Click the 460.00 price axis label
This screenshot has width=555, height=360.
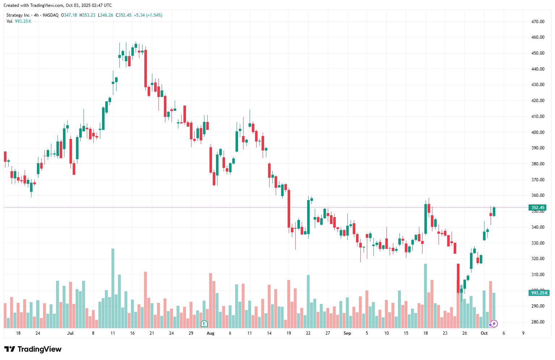(x=538, y=37)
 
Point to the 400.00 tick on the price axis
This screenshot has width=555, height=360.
(x=538, y=132)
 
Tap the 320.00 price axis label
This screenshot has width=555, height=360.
(x=538, y=259)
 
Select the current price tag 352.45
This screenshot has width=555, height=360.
(x=537, y=208)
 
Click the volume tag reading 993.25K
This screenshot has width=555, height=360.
(x=539, y=293)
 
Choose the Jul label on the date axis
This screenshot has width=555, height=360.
(x=70, y=333)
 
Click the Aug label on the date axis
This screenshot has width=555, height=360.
(x=210, y=333)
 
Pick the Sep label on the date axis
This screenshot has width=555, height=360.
(x=347, y=333)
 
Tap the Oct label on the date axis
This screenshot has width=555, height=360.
(x=484, y=333)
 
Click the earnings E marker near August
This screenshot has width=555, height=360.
(x=204, y=323)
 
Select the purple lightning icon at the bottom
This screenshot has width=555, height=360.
(x=494, y=324)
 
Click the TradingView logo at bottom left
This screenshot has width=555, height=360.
(x=33, y=349)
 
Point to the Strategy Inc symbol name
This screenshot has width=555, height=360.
(x=18, y=15)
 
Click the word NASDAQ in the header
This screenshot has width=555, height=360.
(x=50, y=15)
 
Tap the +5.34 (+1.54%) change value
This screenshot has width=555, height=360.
(x=148, y=15)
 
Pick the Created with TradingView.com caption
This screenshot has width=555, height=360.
(x=58, y=5)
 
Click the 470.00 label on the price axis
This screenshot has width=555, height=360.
(x=538, y=22)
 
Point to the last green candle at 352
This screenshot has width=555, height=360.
(x=494, y=212)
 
